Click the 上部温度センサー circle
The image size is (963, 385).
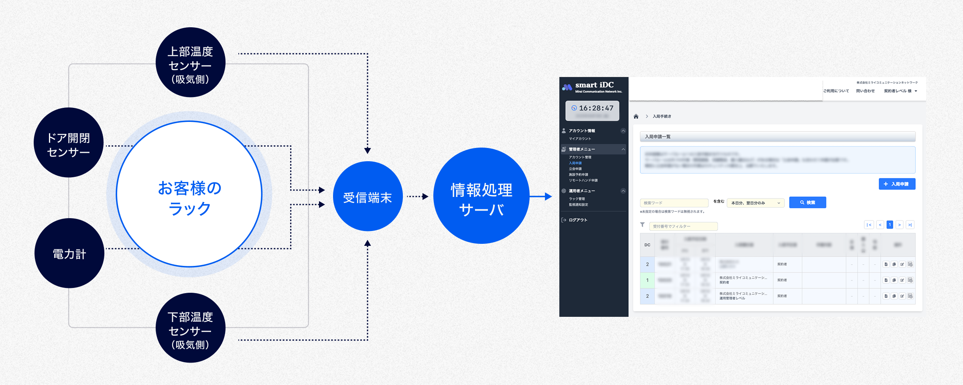(190, 62)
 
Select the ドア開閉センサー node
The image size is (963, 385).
(69, 142)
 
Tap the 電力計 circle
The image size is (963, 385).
(69, 253)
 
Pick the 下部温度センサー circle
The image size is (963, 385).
(190, 328)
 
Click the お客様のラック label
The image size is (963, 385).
(189, 198)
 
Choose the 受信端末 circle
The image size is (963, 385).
(368, 197)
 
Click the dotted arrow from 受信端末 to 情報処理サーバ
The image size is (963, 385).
(417, 197)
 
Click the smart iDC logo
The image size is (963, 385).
(592, 87)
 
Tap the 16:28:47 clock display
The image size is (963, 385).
(592, 108)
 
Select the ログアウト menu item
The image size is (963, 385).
(578, 220)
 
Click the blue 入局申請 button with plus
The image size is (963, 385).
(897, 184)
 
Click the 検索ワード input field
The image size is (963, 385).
(674, 203)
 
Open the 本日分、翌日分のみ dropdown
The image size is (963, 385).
(755, 203)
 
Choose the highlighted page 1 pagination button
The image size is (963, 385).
(890, 225)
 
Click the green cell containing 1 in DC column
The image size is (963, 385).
(647, 280)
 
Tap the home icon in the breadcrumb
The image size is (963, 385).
(636, 116)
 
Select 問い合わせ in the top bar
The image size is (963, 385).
(865, 91)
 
